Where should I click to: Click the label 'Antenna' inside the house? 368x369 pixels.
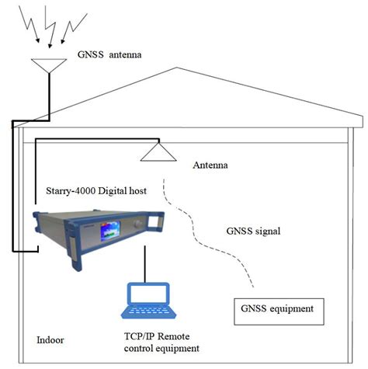tap(211, 165)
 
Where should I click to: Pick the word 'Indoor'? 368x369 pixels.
tap(52, 341)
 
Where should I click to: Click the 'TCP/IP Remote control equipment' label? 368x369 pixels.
tap(162, 343)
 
